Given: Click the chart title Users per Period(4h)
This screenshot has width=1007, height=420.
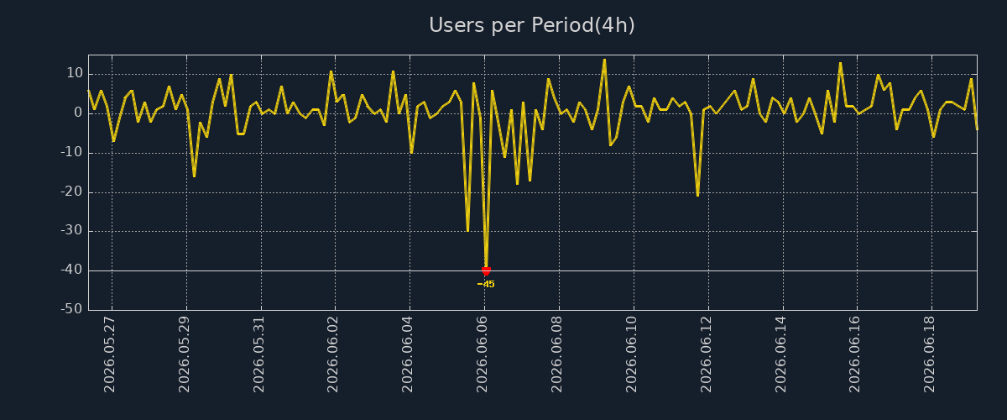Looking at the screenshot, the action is coord(532,25).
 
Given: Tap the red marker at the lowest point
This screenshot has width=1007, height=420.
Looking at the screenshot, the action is coord(486,270).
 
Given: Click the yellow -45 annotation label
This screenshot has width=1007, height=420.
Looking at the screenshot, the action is coord(486,284).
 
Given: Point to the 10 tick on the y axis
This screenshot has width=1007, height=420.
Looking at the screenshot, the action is coord(75,73).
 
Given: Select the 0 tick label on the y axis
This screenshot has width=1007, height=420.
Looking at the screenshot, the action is coord(78,113).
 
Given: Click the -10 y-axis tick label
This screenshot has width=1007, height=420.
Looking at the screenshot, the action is coord(72,152).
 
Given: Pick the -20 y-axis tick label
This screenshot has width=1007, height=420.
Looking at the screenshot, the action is coord(72,192).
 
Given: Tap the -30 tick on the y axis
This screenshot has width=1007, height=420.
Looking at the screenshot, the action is coord(72,230).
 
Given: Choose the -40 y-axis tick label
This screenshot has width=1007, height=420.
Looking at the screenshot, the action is coord(72,270).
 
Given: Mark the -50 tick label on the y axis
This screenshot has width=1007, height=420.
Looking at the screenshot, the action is coord(72,309).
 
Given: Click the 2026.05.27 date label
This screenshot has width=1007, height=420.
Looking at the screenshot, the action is coord(110,354).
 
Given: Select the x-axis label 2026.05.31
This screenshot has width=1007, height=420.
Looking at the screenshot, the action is coord(259,354).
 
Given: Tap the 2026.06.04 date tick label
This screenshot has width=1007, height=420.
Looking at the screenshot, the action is coord(407,354).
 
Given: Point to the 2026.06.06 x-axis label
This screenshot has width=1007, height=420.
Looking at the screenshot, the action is coord(482,354).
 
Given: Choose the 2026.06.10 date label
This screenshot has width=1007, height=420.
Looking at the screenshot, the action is coord(631,354).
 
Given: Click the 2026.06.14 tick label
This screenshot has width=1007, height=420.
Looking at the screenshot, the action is coord(780,354).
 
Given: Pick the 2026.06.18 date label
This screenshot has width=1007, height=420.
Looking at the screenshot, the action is coord(929,354).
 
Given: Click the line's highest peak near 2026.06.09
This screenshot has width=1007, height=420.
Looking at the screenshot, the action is coord(605,60).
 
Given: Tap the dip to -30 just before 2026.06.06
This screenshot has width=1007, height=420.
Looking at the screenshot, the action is coord(468,231).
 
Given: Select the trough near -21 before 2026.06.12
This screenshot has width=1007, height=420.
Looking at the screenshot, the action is coord(697,196).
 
